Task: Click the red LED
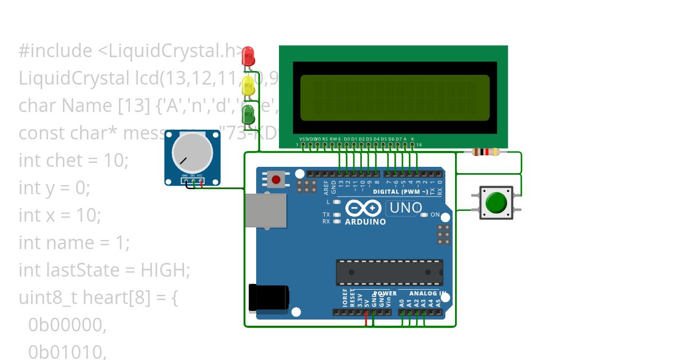coord(249,56)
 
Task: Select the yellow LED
coord(249,86)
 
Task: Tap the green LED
coord(249,114)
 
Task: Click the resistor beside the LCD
coord(485,152)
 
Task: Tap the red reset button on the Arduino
coord(276,180)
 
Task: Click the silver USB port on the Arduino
coord(266,210)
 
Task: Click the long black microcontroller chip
coord(389,272)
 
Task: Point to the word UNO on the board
coord(405,209)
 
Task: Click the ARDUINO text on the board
coord(365,222)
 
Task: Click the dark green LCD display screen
coord(394,98)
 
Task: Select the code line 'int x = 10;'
coord(59,215)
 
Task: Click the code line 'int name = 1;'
coord(74,243)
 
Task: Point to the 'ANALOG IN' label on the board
coord(425,293)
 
